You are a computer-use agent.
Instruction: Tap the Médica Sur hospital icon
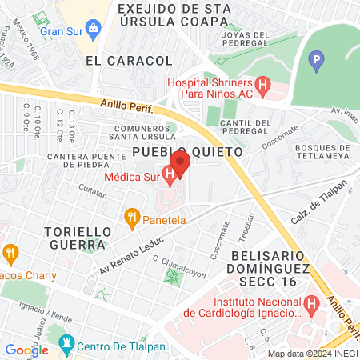click(170, 173)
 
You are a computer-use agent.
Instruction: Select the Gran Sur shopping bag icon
click(94, 30)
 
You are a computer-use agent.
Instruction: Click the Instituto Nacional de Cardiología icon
click(312, 304)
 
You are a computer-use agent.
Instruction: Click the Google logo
click(26, 350)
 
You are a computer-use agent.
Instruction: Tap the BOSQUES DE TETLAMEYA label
click(323, 152)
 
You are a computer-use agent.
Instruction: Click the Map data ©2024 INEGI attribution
click(311, 354)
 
